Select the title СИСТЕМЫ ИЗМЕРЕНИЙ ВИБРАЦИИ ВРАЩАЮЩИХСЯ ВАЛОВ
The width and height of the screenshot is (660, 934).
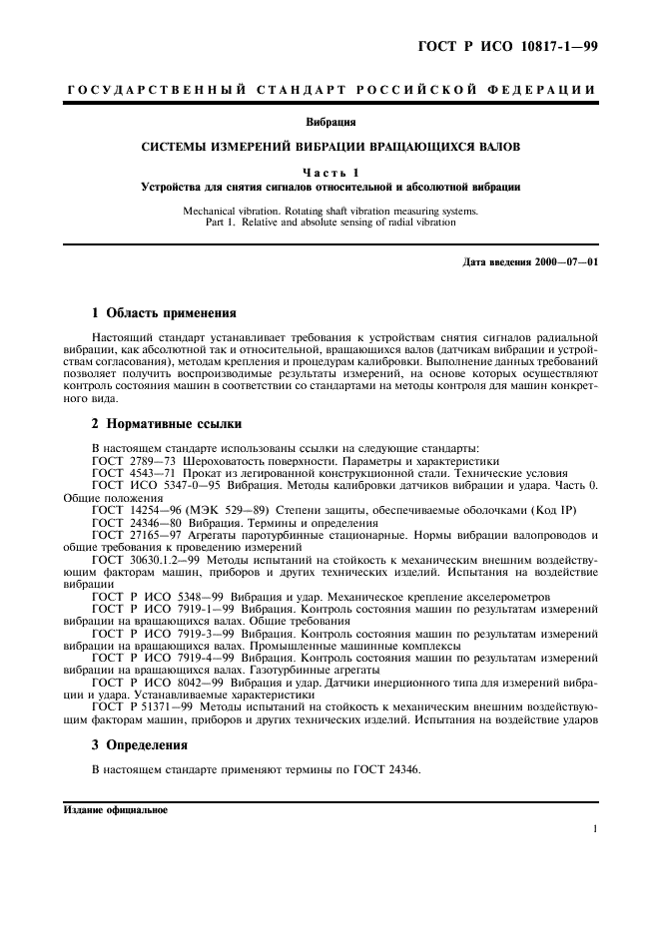(330, 148)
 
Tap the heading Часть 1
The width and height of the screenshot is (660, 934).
(330, 173)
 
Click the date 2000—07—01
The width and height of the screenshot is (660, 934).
(564, 261)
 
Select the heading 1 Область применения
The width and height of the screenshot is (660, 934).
(164, 312)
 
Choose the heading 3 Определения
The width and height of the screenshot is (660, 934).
(139, 744)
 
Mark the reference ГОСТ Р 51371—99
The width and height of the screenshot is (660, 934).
(140, 706)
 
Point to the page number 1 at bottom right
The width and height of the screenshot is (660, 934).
(594, 829)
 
